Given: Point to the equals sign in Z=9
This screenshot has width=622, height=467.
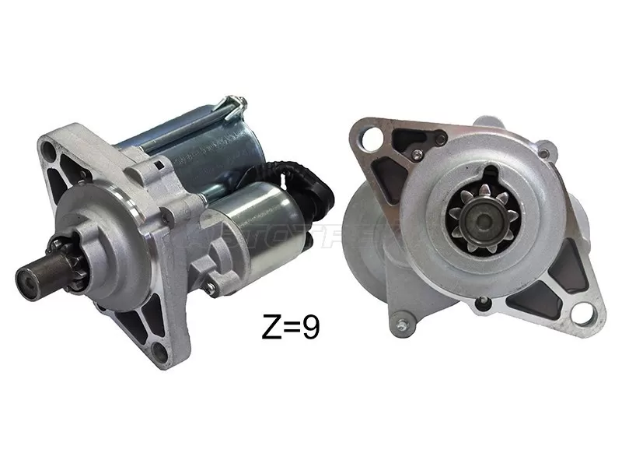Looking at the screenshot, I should (x=289, y=328).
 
